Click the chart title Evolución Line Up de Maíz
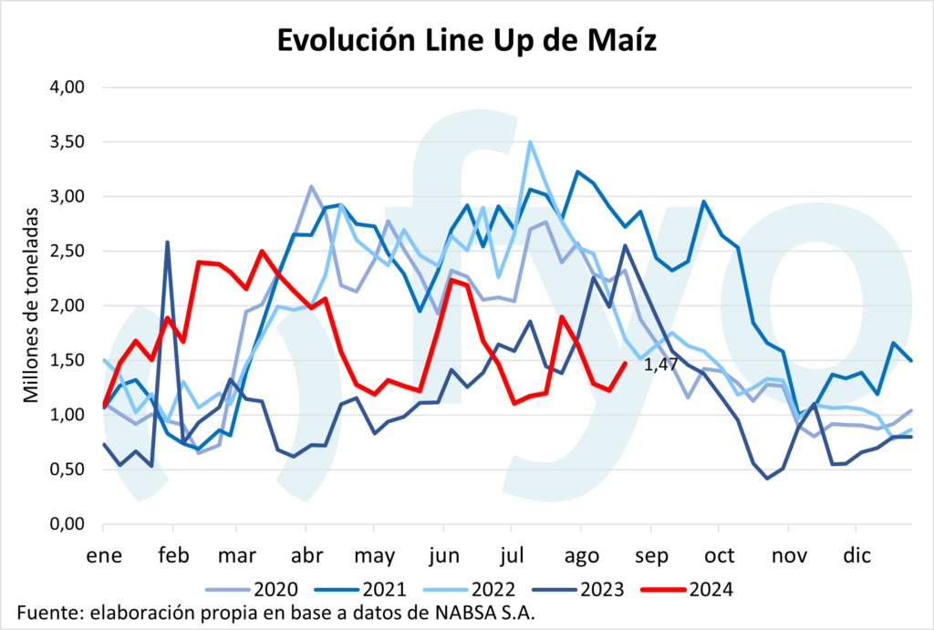[466, 40]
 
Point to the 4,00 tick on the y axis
[66, 88]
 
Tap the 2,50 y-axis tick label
[66, 251]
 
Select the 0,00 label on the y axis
[66, 524]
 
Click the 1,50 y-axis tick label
[66, 360]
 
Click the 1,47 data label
[660, 365]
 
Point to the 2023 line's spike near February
[167, 242]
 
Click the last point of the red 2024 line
[626, 363]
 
